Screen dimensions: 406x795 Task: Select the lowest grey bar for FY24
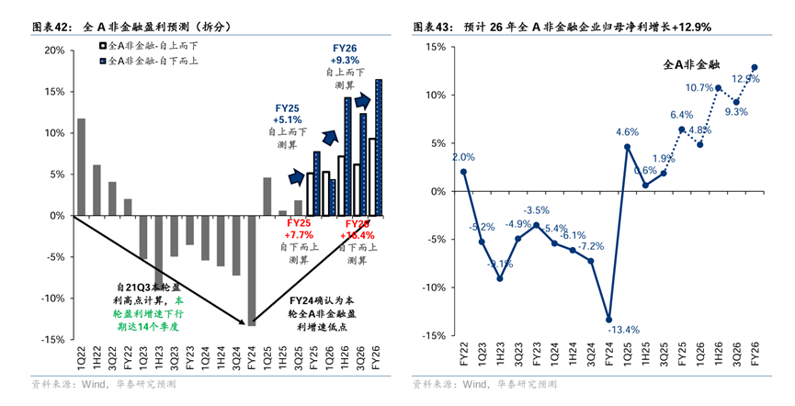coord(252,270)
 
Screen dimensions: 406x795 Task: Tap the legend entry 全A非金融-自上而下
coord(146,44)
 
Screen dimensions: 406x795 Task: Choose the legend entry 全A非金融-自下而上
coord(146,61)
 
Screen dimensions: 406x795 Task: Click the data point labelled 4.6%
coord(627,146)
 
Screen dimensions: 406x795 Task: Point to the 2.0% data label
coord(463,157)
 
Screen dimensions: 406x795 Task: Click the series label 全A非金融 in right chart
coord(691,65)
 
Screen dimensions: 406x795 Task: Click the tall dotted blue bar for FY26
coord(380,148)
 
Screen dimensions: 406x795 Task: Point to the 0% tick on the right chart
coord(437,191)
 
